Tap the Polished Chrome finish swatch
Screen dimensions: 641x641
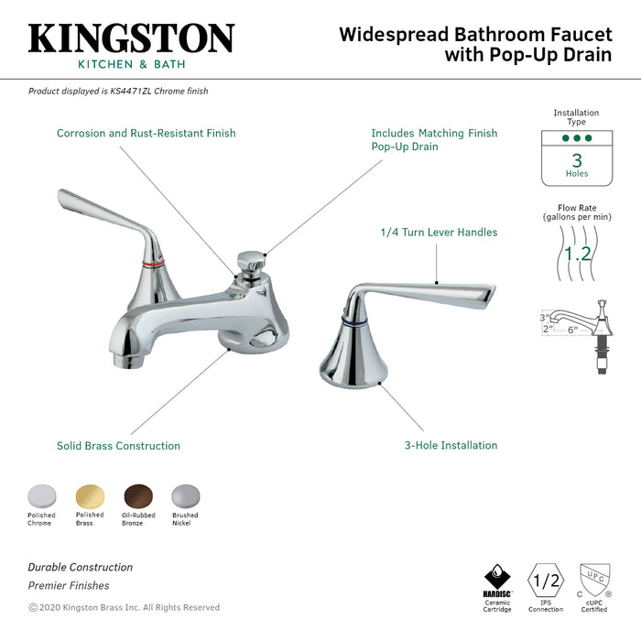click(x=42, y=496)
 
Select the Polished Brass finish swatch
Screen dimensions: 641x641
click(x=90, y=496)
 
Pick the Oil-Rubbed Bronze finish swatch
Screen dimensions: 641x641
click(x=138, y=496)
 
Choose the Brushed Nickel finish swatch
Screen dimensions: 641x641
click(x=186, y=496)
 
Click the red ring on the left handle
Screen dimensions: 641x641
click(x=154, y=264)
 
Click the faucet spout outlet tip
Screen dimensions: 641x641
click(x=126, y=360)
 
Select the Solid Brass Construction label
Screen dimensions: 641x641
click(x=118, y=446)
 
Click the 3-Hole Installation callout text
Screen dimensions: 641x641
click(x=451, y=445)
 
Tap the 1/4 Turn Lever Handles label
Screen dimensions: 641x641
click(x=439, y=233)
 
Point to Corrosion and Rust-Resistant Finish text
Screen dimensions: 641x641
click(x=147, y=134)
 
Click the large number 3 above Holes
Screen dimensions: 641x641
click(x=577, y=160)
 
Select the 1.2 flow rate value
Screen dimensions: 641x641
click(x=577, y=254)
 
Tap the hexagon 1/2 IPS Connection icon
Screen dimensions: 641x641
click(x=546, y=581)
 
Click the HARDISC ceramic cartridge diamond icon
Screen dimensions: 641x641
click(x=497, y=577)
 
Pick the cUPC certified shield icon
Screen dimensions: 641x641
click(x=595, y=580)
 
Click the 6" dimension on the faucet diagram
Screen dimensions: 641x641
click(x=572, y=330)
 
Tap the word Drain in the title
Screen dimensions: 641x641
click(x=588, y=54)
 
